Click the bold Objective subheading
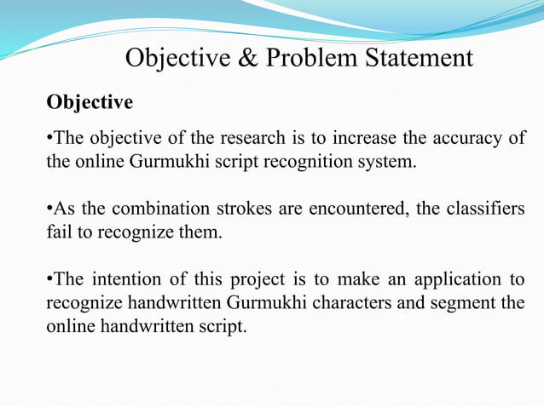click(x=90, y=103)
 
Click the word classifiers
click(x=487, y=209)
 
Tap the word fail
click(x=59, y=231)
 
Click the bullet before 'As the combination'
click(x=49, y=209)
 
